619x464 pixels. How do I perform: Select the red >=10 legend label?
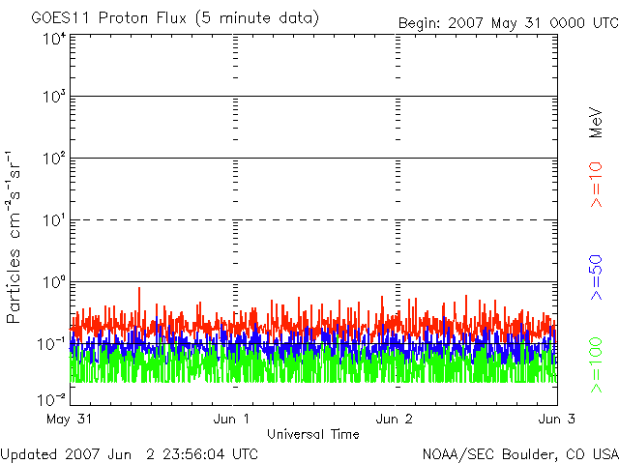(x=596, y=185)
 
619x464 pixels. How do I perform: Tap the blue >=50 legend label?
(x=596, y=277)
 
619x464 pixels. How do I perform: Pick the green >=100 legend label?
(x=596, y=365)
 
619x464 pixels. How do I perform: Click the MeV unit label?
(x=596, y=123)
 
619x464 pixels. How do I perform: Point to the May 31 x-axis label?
(x=69, y=419)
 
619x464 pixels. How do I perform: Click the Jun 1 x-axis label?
(x=231, y=419)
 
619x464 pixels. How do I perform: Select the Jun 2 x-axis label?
(x=394, y=419)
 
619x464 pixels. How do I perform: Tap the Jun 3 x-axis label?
(x=557, y=419)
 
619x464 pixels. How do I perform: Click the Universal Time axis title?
(x=313, y=434)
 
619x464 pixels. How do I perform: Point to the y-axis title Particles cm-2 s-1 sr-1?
(x=13, y=238)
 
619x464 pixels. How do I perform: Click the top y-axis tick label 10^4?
(x=55, y=39)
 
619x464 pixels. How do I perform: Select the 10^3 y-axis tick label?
(x=55, y=96)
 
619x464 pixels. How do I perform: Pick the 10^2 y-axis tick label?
(x=55, y=159)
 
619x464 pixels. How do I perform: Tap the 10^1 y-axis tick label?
(x=55, y=220)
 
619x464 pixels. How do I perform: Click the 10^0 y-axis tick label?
(x=55, y=282)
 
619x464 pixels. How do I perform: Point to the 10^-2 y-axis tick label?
(x=52, y=399)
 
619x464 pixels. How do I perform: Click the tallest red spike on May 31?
(x=139, y=288)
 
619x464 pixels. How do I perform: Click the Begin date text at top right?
(x=509, y=23)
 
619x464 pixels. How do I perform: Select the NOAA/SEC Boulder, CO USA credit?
(x=520, y=454)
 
